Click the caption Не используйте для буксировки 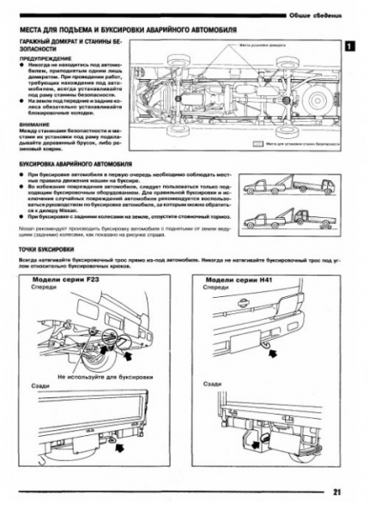(x=93, y=376)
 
